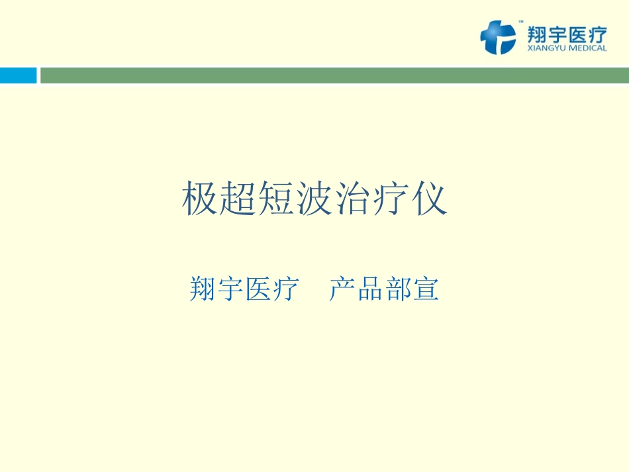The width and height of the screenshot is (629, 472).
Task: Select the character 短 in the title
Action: [275, 199]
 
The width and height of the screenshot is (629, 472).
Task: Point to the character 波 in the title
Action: [314, 199]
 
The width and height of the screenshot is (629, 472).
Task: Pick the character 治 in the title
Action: [352, 199]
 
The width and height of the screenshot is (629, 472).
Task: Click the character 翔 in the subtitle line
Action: [203, 290]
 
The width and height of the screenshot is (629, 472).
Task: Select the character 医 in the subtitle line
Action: [258, 290]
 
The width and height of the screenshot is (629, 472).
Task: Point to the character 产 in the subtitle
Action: [342, 290]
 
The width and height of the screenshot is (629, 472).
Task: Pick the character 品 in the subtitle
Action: [370, 290]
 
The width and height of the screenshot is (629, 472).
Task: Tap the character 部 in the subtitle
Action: [398, 290]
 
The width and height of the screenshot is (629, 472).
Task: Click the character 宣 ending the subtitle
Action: [426, 290]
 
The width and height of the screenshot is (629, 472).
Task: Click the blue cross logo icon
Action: [498, 37]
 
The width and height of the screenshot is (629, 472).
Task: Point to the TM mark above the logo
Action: [520, 22]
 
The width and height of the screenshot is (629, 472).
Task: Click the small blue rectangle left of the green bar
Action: [18, 75]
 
